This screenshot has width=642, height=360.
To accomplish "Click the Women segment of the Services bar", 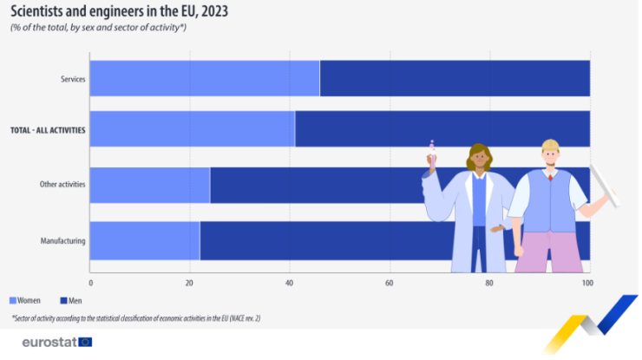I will [x=204, y=79].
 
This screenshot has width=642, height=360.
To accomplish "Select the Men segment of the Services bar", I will [x=455, y=79].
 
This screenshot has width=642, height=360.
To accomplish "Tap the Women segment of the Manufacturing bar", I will [x=144, y=240].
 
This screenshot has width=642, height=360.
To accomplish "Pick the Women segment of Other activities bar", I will [x=149, y=185].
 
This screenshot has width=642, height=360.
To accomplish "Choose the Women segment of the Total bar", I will [x=192, y=129].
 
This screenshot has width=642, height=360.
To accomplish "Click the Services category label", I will [x=73, y=80].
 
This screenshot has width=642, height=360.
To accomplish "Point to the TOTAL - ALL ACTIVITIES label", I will [x=48, y=130].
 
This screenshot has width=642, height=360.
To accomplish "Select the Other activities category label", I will [x=62, y=185].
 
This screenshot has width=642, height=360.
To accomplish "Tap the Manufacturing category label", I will [x=63, y=240].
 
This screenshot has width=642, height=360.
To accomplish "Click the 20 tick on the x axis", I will [x=190, y=283].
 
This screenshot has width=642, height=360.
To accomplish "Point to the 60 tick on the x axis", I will [x=390, y=283].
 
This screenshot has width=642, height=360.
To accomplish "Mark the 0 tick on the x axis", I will [x=90, y=283].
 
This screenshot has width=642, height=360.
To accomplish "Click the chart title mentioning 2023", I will [x=120, y=12].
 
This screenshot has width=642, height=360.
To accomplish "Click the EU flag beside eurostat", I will [x=85, y=342].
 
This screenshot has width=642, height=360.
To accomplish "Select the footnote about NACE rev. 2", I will [x=136, y=318].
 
